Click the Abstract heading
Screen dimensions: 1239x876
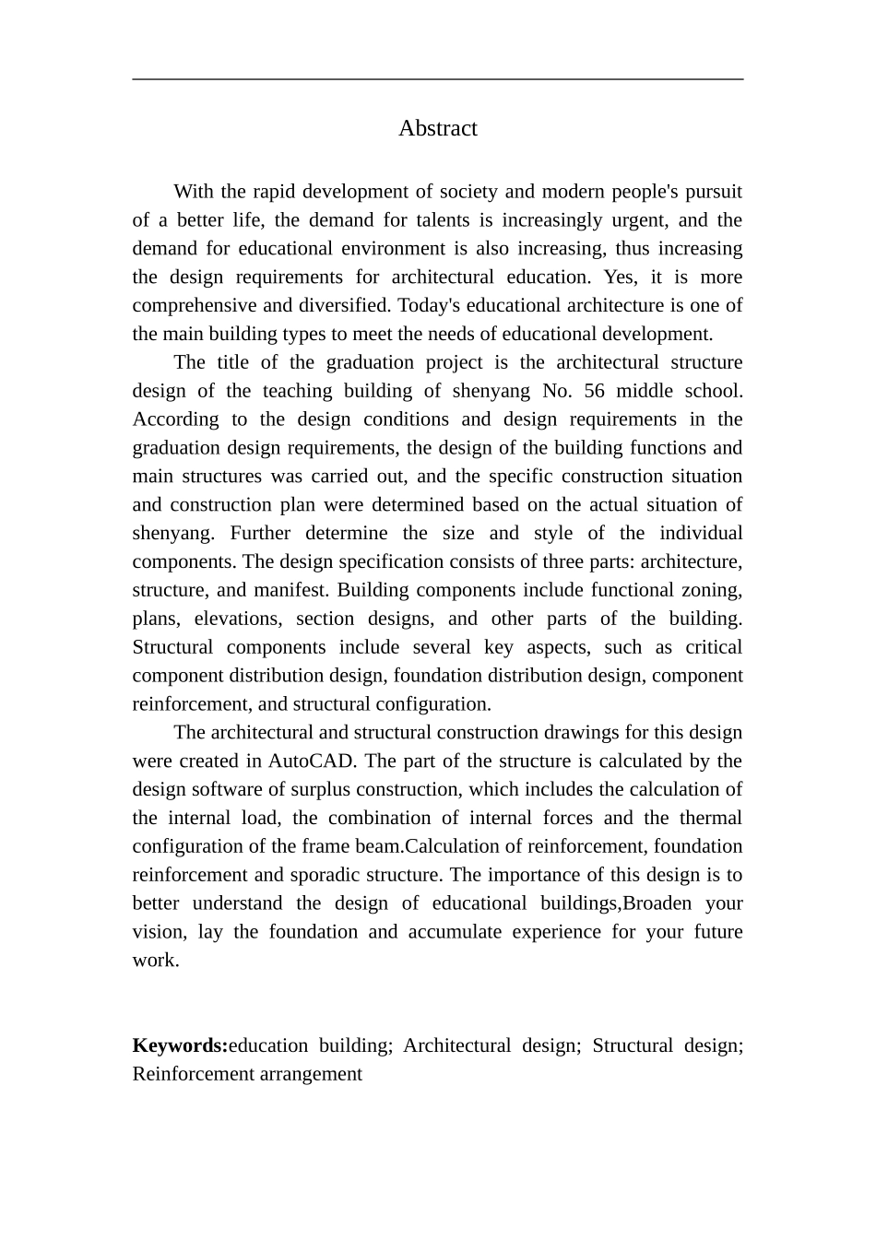(x=437, y=128)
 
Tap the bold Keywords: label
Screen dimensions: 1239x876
(x=180, y=1045)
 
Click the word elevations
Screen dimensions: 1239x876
(x=234, y=619)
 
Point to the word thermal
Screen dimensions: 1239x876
(x=711, y=819)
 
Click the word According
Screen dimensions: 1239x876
(x=176, y=419)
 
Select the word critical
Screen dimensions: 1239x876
(x=711, y=647)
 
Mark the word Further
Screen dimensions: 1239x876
(x=261, y=534)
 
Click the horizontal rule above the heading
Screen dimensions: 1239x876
(x=437, y=79)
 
